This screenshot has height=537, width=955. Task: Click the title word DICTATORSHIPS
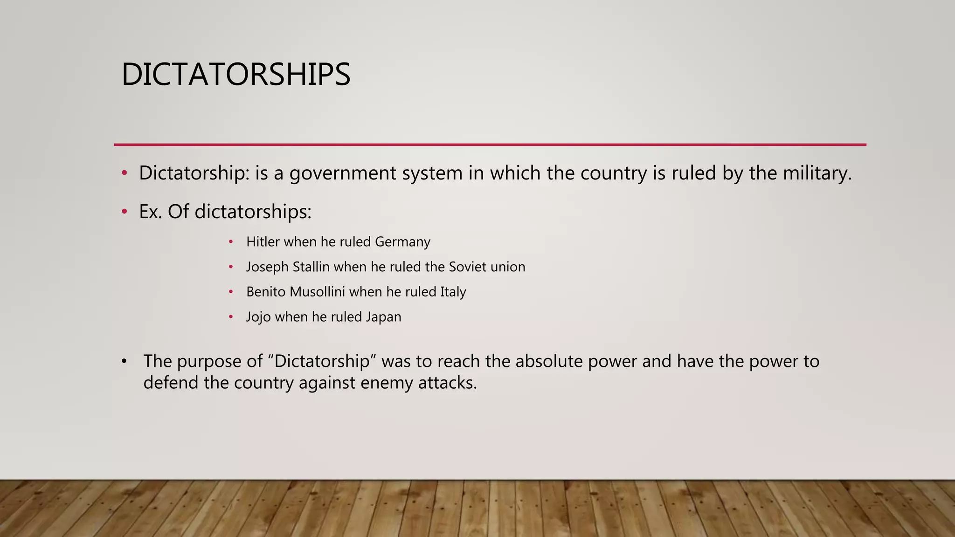[x=235, y=75]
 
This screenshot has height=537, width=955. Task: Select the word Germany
[x=402, y=242]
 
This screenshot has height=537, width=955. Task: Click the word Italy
[x=453, y=292]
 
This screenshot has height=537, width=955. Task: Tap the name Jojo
[x=258, y=317]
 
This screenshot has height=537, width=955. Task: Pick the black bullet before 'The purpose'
[x=124, y=361]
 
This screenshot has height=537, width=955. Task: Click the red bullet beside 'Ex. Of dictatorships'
[x=124, y=212]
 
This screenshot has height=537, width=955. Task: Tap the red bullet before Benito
[x=231, y=292]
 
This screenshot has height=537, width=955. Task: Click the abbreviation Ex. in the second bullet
[x=150, y=212]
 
